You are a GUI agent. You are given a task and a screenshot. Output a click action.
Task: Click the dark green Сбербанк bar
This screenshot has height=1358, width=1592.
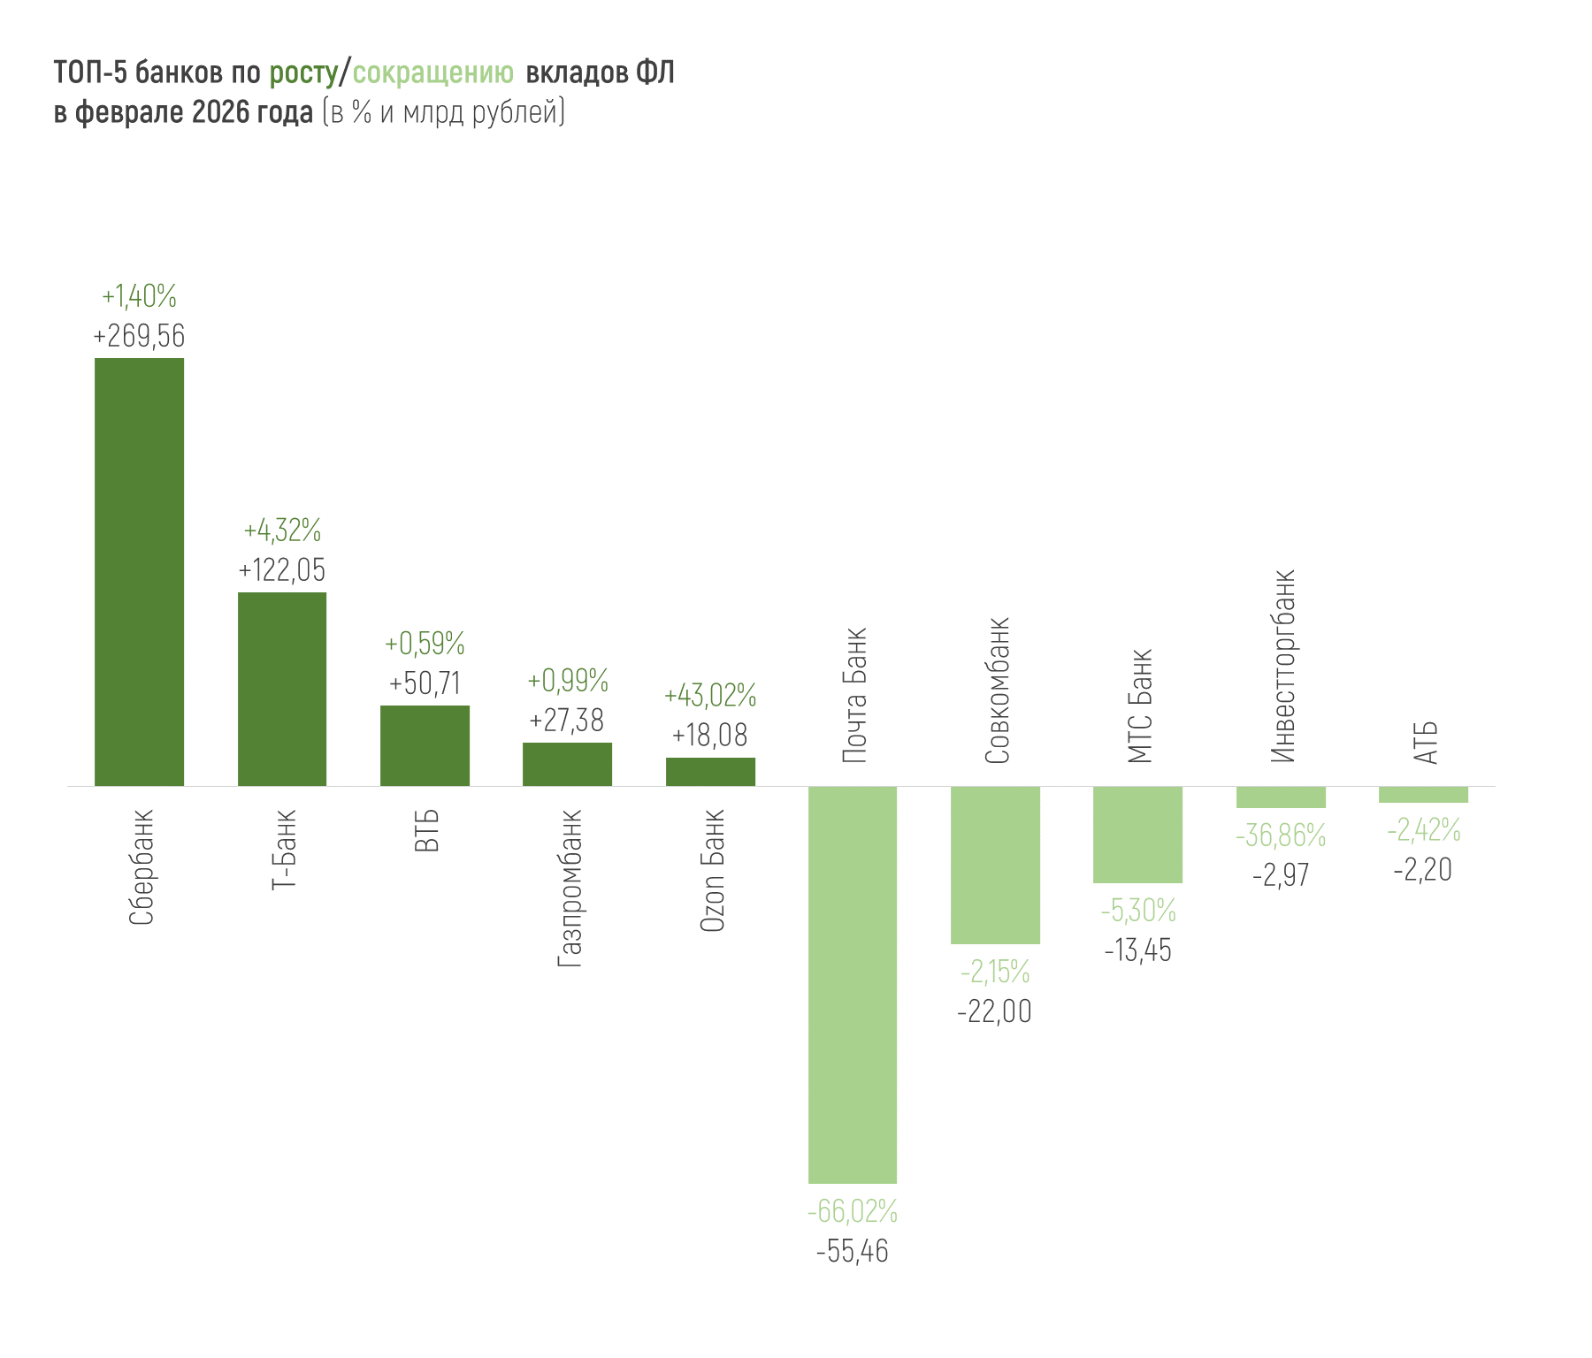[139, 571]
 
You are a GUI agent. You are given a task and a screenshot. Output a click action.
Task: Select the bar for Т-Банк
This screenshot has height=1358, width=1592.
[282, 689]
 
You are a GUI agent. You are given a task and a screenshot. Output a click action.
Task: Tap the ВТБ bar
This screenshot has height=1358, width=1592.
[425, 745]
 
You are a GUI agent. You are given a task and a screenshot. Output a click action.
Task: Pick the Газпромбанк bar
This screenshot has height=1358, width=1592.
[567, 764]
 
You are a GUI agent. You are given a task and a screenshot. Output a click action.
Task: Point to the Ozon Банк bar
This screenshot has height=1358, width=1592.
[710, 772]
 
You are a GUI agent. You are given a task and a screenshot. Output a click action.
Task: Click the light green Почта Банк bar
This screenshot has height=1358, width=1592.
[853, 984]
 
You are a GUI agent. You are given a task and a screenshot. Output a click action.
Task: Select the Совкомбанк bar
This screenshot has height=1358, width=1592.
[995, 865]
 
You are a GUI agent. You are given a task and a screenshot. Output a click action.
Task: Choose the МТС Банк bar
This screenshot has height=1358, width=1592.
[1137, 834]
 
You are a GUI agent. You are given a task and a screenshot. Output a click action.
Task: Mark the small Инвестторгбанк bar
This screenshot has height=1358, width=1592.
[1281, 797]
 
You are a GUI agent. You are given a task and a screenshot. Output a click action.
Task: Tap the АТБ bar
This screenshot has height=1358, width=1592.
[1423, 794]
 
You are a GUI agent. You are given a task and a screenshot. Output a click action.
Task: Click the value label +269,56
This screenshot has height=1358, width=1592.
[139, 336]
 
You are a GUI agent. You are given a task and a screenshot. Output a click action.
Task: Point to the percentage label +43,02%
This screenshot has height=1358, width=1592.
[710, 696]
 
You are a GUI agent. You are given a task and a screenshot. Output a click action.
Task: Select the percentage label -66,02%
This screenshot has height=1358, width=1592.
[853, 1211]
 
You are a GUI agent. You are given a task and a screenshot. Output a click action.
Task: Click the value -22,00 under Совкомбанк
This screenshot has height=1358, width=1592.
[995, 1011]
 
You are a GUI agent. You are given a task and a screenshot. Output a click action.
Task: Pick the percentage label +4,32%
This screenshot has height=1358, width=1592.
[282, 530]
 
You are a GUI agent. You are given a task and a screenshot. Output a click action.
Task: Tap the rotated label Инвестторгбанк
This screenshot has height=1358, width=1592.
[1282, 666]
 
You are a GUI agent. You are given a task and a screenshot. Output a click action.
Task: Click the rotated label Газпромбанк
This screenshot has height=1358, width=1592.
[570, 888]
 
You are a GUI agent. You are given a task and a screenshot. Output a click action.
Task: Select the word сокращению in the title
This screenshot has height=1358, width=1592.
[433, 72]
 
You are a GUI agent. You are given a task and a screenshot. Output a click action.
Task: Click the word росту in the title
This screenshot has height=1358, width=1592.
[303, 72]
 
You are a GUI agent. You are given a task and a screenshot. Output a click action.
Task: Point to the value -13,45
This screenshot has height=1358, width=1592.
[1137, 950]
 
